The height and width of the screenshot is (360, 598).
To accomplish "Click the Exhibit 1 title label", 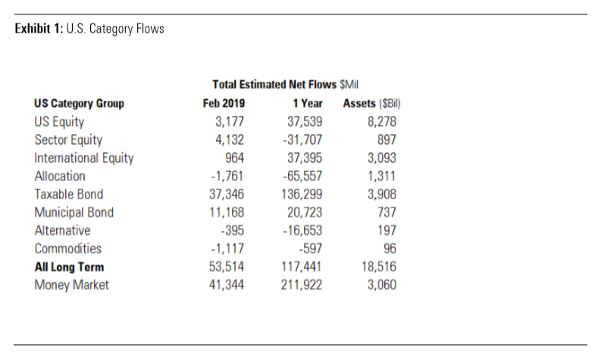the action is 89,29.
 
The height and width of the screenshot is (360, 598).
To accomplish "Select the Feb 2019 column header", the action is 224,103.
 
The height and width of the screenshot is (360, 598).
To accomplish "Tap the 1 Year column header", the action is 308,103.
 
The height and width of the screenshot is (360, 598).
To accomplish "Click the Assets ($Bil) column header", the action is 371,103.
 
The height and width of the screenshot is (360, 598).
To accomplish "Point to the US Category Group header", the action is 79,103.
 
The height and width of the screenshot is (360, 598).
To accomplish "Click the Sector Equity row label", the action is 68,140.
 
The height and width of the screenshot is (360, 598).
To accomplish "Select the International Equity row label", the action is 84,158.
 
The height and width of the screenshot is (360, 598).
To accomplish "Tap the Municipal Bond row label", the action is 74,212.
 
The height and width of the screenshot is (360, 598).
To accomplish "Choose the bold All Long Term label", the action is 69,267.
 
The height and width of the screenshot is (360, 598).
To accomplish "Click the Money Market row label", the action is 72,285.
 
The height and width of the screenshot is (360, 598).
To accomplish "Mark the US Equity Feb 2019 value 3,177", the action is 230,122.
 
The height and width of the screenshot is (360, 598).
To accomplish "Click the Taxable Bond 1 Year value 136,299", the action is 302,194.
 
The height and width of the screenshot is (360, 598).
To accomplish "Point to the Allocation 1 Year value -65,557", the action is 302,176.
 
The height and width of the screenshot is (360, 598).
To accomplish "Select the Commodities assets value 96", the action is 390,249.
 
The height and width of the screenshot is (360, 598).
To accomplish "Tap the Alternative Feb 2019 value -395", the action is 232,230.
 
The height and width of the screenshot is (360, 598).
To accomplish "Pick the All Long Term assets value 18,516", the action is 379,267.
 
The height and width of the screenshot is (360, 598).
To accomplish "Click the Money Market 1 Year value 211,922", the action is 302,285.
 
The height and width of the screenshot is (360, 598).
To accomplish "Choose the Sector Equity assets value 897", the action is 387,140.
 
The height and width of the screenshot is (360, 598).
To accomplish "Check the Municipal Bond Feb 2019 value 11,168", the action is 227,212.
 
